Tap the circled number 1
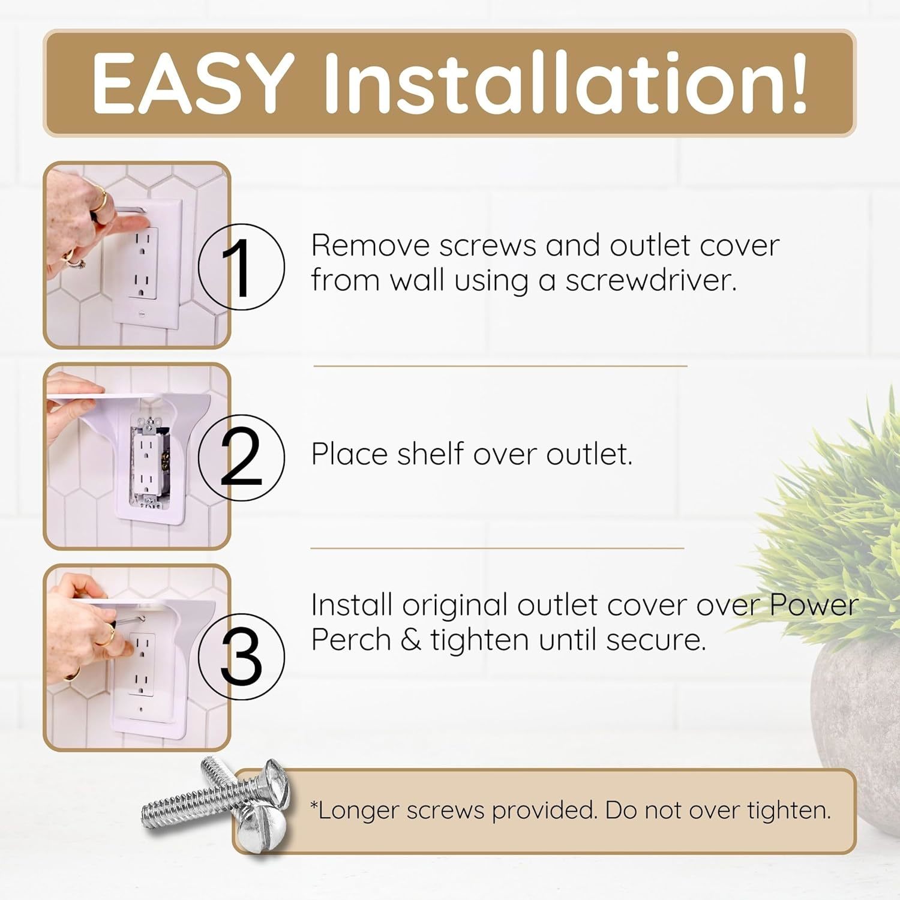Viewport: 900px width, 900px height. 241,267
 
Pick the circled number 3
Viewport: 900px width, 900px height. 241,657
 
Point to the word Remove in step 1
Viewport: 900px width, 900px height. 370,245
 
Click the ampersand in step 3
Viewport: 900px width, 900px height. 410,640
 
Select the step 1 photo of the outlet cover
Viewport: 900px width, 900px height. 137,255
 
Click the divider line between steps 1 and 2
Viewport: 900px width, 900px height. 500,365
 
